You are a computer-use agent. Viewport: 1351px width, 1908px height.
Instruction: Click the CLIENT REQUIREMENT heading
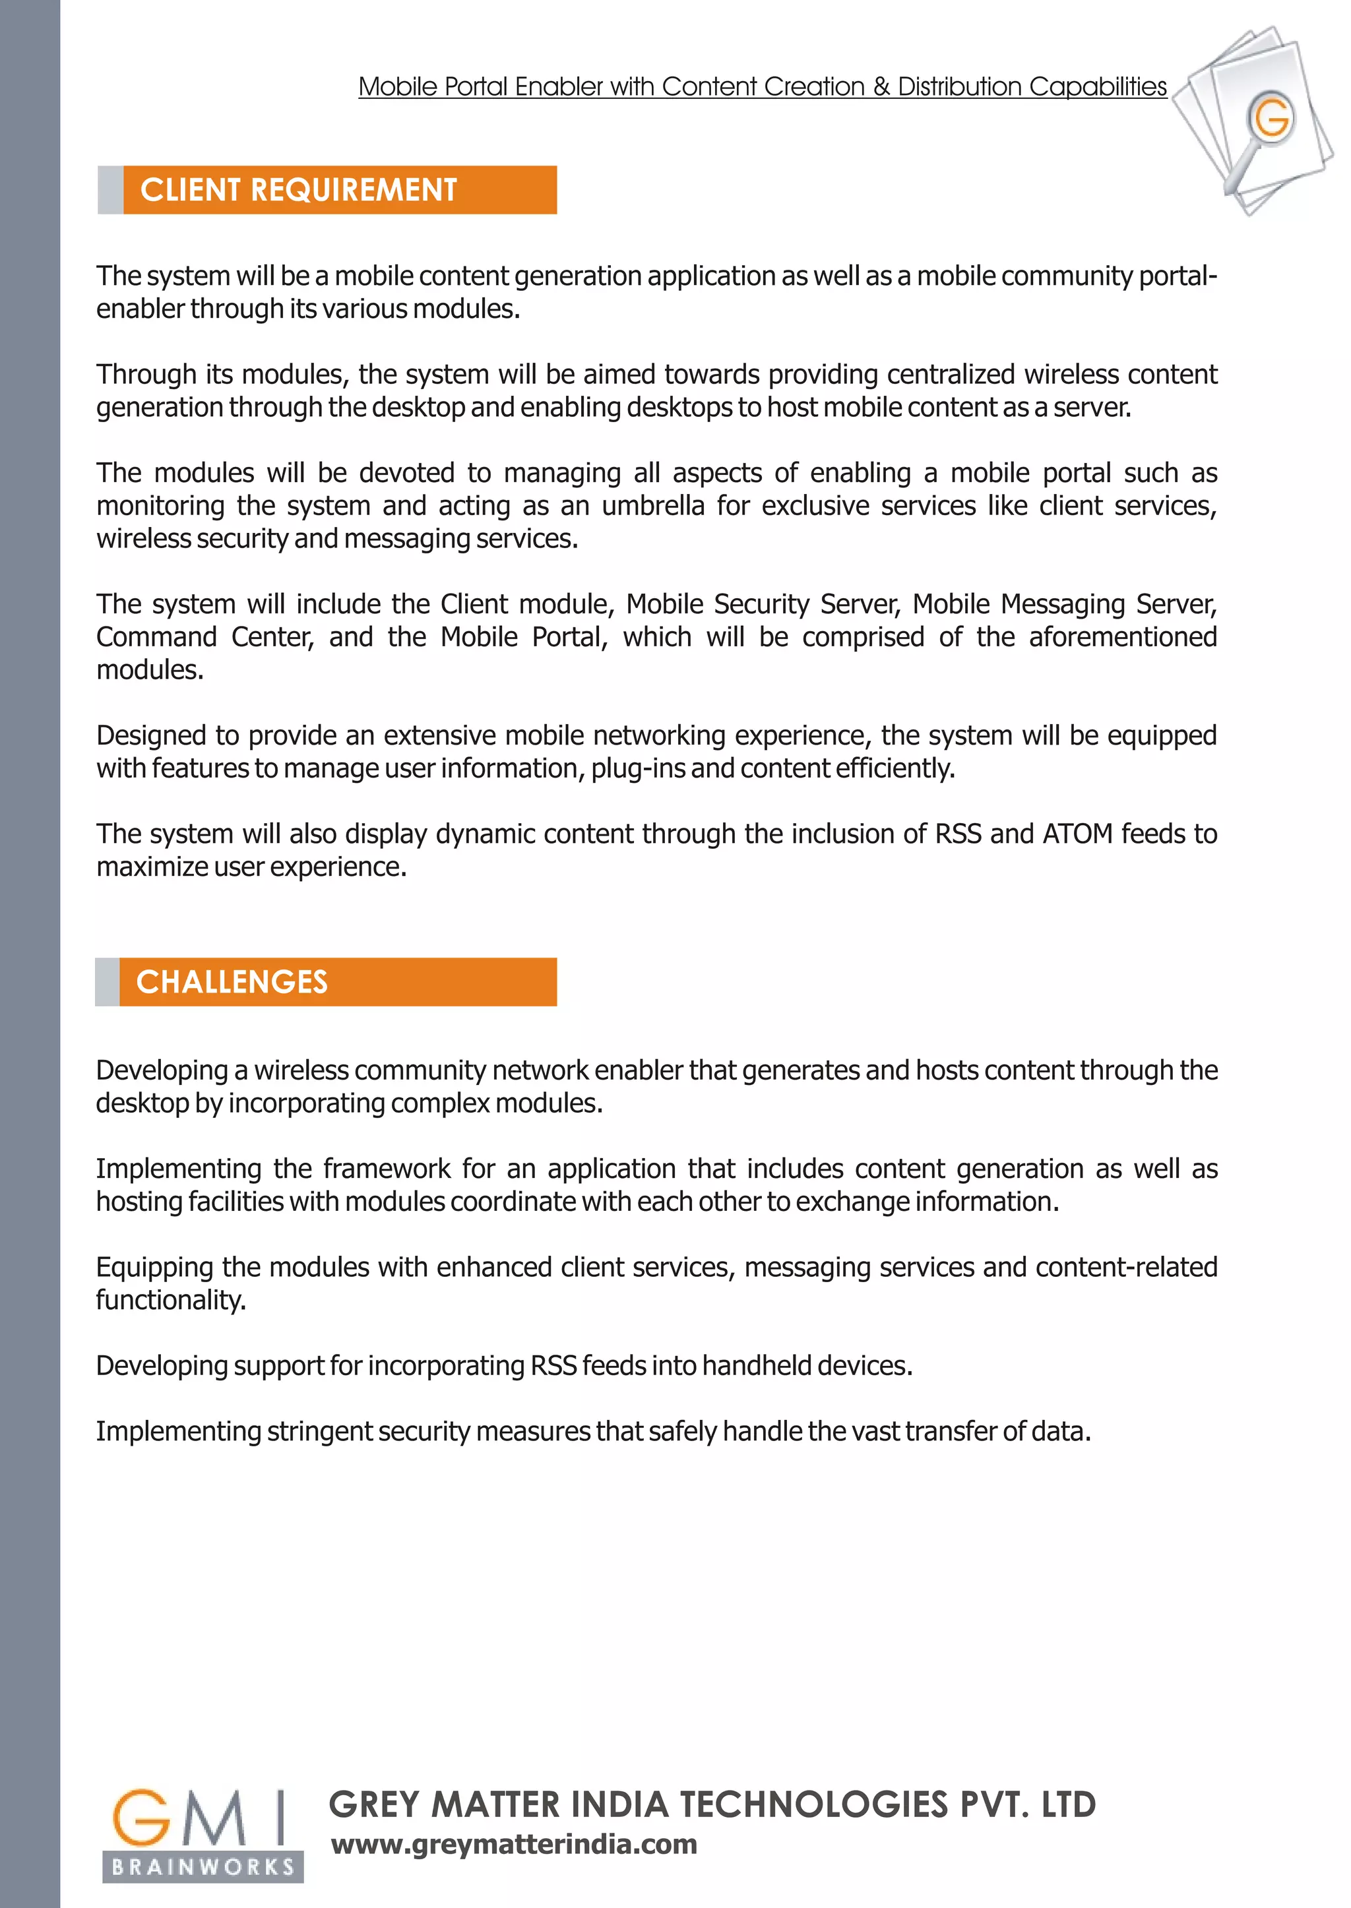click(299, 191)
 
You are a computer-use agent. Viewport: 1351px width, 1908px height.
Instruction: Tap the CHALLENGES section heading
click(232, 982)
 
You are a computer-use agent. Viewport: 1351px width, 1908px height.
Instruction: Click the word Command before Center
click(156, 637)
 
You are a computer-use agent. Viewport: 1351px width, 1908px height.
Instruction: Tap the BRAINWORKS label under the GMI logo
click(203, 1867)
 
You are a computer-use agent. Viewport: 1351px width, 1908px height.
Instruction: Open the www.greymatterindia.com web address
click(514, 1844)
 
